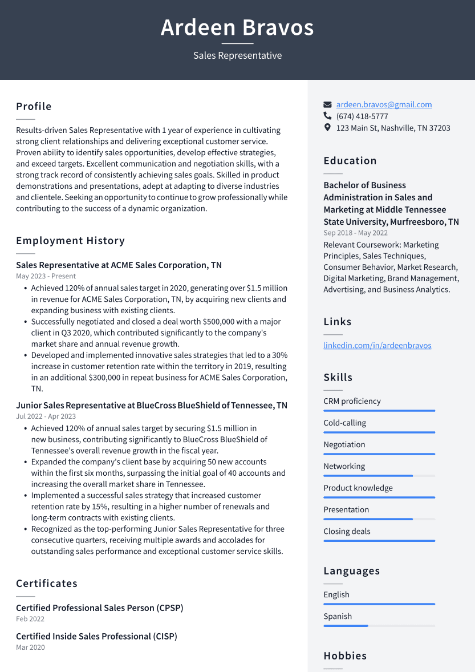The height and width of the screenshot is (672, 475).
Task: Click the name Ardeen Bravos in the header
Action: [x=237, y=27]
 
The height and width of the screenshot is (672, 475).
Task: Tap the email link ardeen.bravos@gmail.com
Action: [x=384, y=104]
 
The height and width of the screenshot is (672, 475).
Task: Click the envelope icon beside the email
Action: [x=327, y=104]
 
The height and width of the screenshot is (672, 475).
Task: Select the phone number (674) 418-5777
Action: [x=362, y=116]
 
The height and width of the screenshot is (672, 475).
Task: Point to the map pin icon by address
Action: [x=327, y=128]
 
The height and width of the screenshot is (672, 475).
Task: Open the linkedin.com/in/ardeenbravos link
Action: [x=377, y=345]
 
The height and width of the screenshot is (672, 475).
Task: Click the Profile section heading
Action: [x=34, y=107]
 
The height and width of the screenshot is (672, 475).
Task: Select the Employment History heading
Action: [x=70, y=241]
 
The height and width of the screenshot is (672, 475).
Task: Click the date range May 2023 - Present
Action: [x=46, y=276]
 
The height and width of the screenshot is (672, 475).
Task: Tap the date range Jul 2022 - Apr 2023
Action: [x=46, y=416]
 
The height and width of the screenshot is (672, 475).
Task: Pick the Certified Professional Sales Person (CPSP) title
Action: [x=100, y=608]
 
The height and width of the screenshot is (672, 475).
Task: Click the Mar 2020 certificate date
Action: [x=30, y=647]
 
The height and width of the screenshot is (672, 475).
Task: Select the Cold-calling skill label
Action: [x=344, y=423]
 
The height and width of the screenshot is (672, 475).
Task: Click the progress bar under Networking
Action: [x=379, y=476]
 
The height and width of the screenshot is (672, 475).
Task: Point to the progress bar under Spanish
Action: [x=379, y=626]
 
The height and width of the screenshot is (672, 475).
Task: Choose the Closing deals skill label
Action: [x=347, y=531]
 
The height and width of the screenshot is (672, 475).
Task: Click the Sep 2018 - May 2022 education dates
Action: [x=355, y=233]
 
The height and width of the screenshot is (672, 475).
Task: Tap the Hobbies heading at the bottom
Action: [x=345, y=656]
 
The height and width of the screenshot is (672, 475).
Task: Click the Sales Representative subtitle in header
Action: [x=237, y=55]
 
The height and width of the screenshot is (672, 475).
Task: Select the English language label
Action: [x=336, y=594]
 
